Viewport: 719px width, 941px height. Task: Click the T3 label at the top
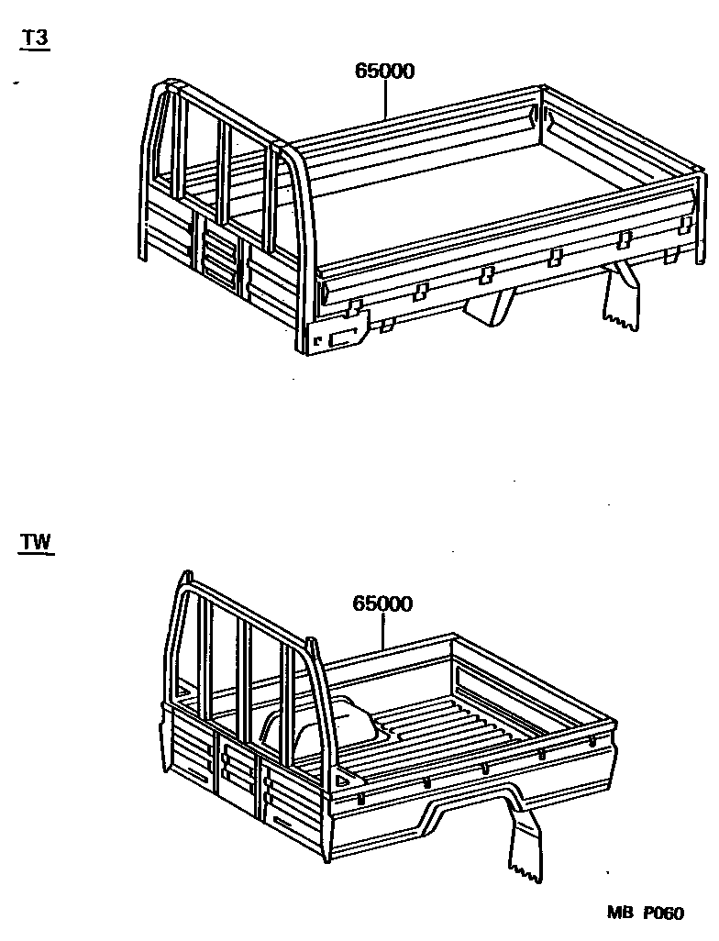pyautogui.click(x=35, y=41)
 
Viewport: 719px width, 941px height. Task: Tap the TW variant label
pyautogui.click(x=36, y=542)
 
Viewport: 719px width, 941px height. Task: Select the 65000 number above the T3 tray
pyautogui.click(x=384, y=72)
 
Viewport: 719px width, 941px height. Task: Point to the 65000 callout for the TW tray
pyautogui.click(x=382, y=603)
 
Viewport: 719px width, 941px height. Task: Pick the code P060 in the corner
pyautogui.click(x=662, y=913)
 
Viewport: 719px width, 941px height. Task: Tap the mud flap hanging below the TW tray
pyautogui.click(x=523, y=848)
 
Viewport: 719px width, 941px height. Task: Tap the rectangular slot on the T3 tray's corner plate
pyautogui.click(x=343, y=338)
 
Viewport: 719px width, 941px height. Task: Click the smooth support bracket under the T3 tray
pyautogui.click(x=492, y=306)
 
